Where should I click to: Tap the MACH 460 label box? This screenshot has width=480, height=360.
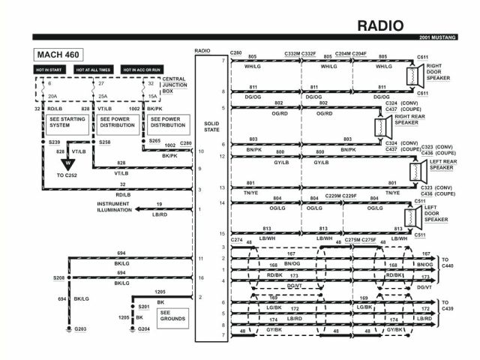point(58,54)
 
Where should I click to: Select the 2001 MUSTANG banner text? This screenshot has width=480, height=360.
point(446,38)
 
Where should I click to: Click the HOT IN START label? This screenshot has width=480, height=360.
point(49,70)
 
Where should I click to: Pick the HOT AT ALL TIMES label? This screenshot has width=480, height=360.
point(94,70)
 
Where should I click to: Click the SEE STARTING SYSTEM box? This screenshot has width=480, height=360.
point(66,121)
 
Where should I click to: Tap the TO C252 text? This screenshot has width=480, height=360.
point(68,175)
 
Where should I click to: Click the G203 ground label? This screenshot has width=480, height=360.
point(80,329)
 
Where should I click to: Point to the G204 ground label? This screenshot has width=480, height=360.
point(145,329)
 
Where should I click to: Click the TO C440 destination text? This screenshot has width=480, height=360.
point(449,262)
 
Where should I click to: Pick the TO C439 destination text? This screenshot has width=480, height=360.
point(449,306)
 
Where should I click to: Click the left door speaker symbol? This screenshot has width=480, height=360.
point(409,217)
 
